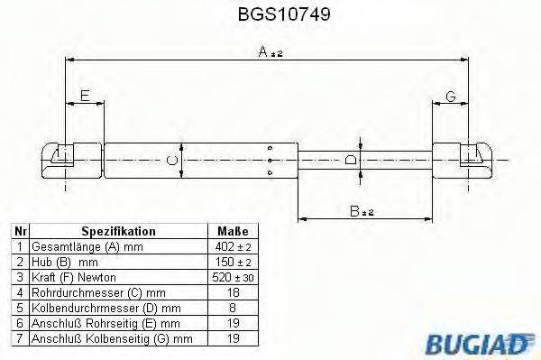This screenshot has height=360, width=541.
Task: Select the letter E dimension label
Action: pos(85,96)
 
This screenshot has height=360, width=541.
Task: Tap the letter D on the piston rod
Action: pos(352,160)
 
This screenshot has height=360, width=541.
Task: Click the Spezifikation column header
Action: pos(118,231)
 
